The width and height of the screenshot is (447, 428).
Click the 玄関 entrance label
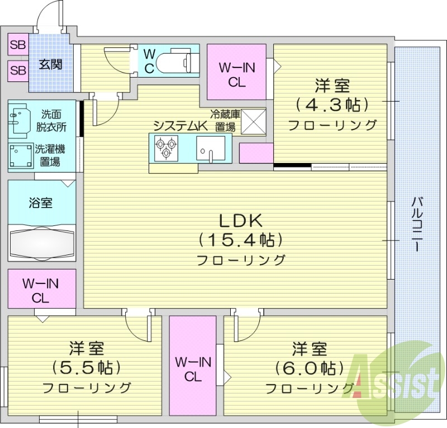click(50, 64)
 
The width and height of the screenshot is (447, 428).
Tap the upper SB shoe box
click(18, 45)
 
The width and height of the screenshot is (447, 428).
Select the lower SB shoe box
click(18, 70)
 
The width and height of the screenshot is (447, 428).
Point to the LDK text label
click(240, 220)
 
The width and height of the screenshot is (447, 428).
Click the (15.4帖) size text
click(240, 240)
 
